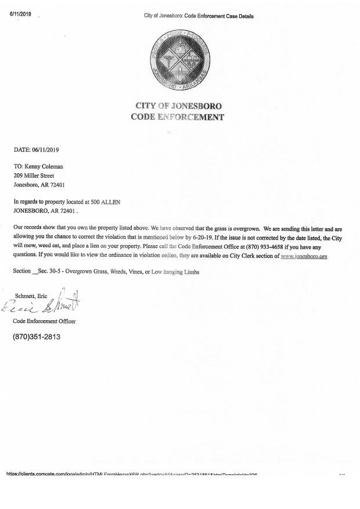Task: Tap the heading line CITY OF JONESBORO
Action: [x=178, y=106]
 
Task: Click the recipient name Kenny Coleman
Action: [x=43, y=166]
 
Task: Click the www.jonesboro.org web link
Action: [x=304, y=256]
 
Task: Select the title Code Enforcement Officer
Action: [x=44, y=321]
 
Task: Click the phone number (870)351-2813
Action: [x=37, y=337]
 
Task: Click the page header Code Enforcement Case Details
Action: [x=199, y=16]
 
